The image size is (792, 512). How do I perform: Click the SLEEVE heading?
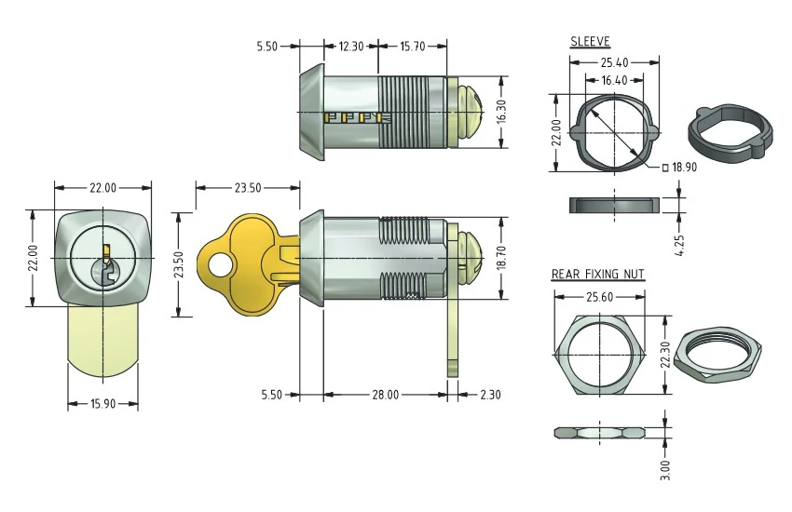(590, 41)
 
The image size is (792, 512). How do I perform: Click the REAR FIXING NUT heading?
(597, 274)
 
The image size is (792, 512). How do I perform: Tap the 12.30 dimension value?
(350, 47)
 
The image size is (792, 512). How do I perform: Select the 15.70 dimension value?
(413, 47)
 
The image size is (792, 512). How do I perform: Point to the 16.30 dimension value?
(501, 112)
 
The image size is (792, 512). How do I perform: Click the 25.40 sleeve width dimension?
(614, 62)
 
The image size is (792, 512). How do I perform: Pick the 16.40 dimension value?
(614, 80)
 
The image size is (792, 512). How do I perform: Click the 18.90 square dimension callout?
(679, 167)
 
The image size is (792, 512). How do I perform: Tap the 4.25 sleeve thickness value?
(679, 245)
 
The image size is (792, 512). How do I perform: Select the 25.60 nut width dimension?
(599, 297)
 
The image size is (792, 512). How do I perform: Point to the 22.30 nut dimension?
(665, 355)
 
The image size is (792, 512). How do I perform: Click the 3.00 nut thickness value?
(665, 469)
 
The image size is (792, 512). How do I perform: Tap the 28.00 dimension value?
(386, 395)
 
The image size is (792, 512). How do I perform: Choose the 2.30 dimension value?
(489, 395)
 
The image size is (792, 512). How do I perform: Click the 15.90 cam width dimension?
(103, 403)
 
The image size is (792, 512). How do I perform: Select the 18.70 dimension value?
(501, 258)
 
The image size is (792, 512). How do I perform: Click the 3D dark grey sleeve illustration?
(730, 133)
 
